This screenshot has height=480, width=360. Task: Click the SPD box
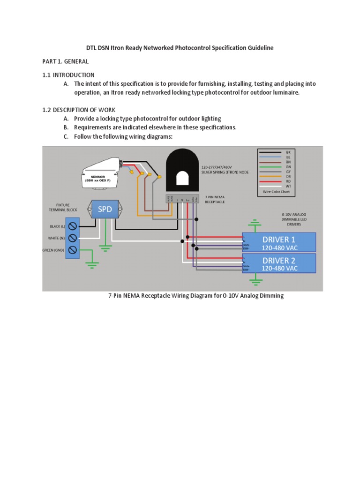click(105, 209)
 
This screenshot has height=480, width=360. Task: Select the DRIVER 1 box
click(279, 242)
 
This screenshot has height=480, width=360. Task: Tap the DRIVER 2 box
click(279, 263)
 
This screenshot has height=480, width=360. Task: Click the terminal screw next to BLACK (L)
click(73, 226)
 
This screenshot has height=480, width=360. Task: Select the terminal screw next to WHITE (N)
click(73, 238)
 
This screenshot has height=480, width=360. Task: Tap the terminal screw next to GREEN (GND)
click(73, 250)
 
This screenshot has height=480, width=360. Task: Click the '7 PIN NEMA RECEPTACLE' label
click(216, 199)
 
